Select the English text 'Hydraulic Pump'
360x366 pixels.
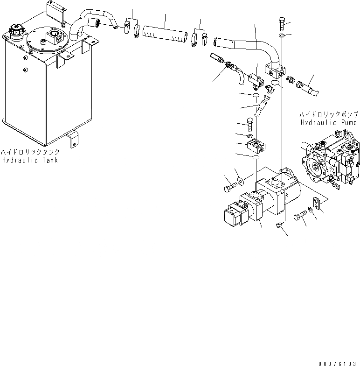[328, 121]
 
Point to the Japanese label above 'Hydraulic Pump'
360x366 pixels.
[328, 114]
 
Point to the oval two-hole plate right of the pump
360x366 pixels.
[317, 202]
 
